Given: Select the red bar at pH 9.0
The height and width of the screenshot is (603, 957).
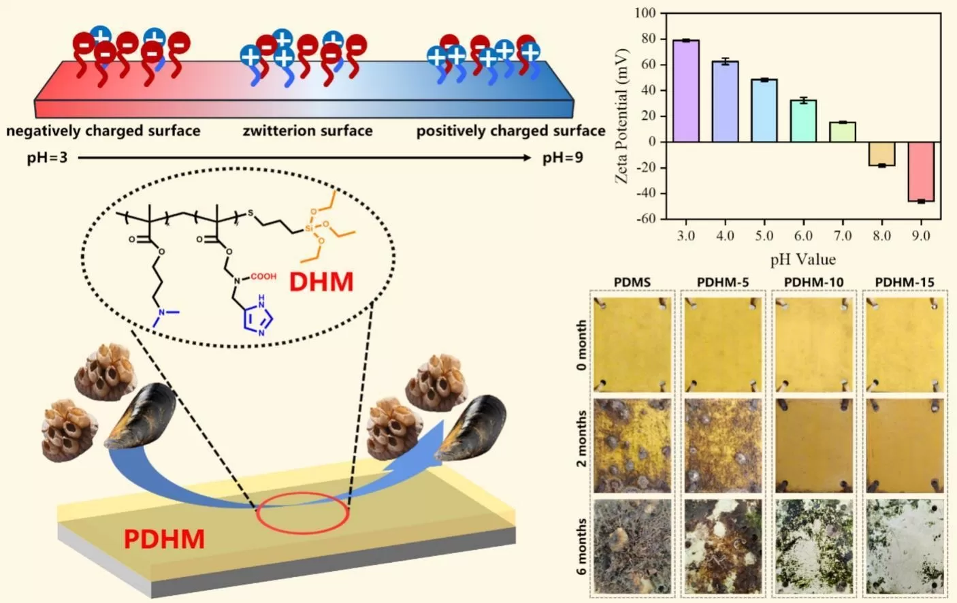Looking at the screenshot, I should coord(921,172).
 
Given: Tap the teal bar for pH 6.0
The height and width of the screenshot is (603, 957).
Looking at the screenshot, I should coord(803,120).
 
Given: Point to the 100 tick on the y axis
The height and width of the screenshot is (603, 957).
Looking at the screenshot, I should coord(645,13).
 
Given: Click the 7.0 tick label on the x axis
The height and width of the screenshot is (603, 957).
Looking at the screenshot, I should coord(843,235).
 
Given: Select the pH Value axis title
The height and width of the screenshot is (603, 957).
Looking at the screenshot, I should coord(802,259).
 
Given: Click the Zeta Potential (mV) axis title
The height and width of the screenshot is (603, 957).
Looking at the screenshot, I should coord(621,116).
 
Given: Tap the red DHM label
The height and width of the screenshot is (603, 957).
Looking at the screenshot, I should coord(321,282).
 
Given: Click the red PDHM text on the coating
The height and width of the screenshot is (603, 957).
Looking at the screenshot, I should coord(164,539).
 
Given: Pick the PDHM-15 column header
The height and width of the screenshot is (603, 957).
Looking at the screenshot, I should coord(904,282).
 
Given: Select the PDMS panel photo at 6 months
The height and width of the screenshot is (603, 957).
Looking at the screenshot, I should coord(632,547).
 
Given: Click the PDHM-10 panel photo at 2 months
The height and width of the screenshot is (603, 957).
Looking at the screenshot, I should coord(813,446).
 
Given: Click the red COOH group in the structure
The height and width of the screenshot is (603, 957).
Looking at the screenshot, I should coord(263,276).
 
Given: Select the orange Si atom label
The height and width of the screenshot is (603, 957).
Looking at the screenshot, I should coord(309,229).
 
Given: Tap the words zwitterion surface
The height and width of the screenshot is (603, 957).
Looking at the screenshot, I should coord(308,131).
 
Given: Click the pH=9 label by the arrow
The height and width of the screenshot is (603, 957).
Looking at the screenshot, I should coord(562,158).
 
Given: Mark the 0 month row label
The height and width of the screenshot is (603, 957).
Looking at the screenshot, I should coord(581,345).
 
